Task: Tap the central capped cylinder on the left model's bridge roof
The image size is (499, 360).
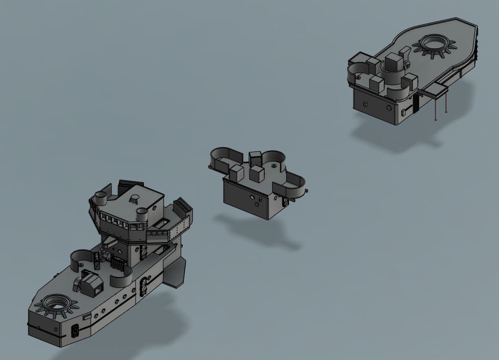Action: (135, 199)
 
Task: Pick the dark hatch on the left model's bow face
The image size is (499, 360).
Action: (75, 331)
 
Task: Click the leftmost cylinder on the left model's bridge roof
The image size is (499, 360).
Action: (99, 198)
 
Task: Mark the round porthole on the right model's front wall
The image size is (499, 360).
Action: (388, 108)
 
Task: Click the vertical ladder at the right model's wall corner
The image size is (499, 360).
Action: (415, 102)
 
